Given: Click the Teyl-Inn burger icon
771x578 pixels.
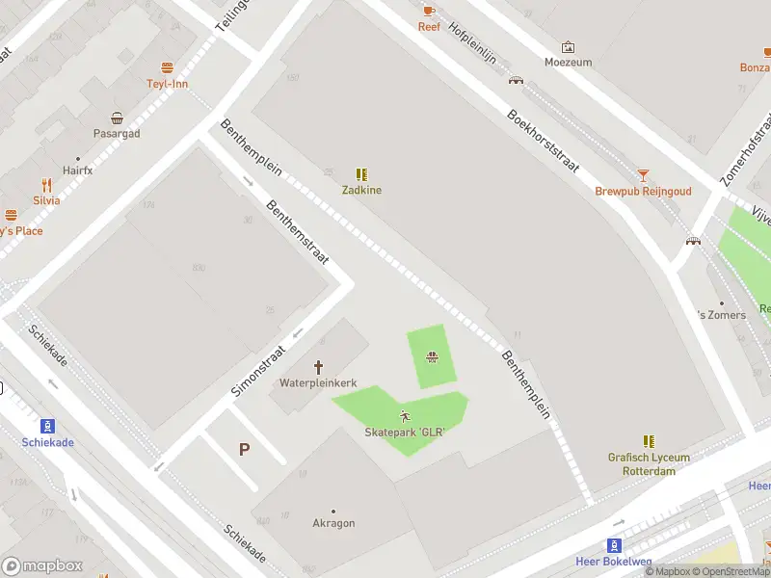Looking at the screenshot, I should [167, 67].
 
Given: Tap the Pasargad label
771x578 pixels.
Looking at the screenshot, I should [117, 134].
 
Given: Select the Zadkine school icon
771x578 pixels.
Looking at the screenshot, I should [361, 174].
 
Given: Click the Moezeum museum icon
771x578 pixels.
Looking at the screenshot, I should [568, 46].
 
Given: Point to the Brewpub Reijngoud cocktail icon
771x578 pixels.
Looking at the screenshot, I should [643, 175].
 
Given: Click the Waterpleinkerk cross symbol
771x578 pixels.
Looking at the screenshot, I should [319, 367].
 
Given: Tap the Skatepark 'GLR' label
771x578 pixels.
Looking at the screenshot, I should [405, 433].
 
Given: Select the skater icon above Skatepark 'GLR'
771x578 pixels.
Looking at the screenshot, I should [405, 416].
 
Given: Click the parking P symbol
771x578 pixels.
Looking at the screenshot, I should [244, 449].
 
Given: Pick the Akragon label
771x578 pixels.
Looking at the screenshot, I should [333, 523].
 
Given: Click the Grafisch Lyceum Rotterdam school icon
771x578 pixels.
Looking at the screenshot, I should [649, 441].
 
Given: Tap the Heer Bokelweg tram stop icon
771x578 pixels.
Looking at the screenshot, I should [614, 545].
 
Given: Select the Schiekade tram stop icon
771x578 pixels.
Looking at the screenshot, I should [46, 426].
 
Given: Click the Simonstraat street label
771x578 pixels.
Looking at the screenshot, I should [259, 371].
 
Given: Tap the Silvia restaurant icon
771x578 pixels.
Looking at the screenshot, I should [45, 185].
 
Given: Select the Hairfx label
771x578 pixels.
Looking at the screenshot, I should [78, 171].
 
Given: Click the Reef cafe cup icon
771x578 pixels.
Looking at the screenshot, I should [429, 11].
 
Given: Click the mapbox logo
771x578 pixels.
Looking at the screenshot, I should [42, 566].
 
